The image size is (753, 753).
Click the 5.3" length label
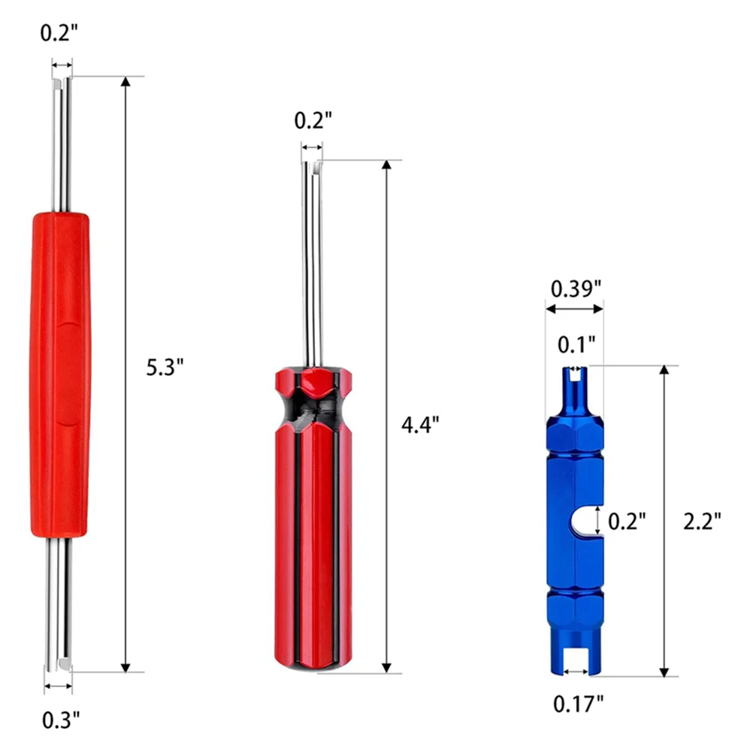click(x=165, y=367)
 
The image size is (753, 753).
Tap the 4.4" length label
click(x=420, y=425)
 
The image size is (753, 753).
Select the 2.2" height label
click(x=702, y=521)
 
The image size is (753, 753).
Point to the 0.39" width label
click(x=576, y=289)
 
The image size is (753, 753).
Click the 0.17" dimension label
click(x=578, y=704)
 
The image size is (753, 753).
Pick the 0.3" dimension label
click(x=61, y=720)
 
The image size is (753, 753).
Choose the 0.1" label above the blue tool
click(x=576, y=344)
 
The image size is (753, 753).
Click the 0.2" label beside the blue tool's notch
click(x=627, y=521)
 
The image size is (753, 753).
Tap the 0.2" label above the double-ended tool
click(x=59, y=33)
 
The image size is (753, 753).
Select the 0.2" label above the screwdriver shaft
click(x=313, y=120)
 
